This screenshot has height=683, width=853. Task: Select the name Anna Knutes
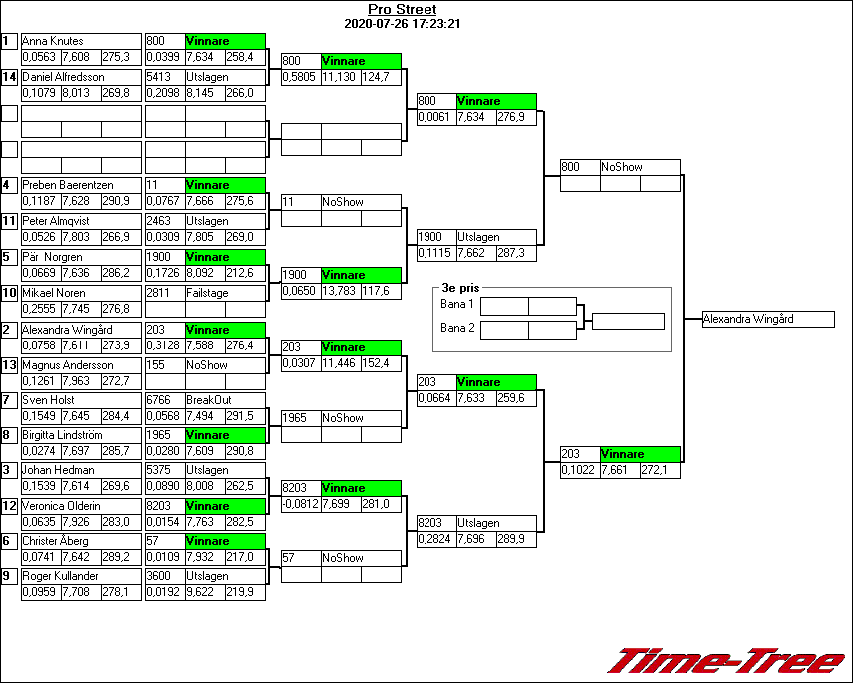pyautogui.click(x=54, y=41)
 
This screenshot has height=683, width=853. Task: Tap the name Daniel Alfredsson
pyautogui.click(x=62, y=77)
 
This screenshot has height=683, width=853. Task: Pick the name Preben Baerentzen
pyautogui.click(x=68, y=185)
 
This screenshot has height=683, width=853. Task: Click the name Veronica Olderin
pyautogui.click(x=62, y=506)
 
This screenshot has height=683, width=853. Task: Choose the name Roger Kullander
pyautogui.click(x=62, y=576)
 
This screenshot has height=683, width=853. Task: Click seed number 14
pyautogui.click(x=9, y=77)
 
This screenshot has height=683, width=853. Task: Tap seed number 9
pyautogui.click(x=9, y=576)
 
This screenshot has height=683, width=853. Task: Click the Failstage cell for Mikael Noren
pyautogui.click(x=208, y=293)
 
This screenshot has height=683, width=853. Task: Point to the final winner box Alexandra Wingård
pyautogui.click(x=767, y=319)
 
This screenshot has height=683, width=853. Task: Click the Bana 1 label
pyautogui.click(x=456, y=304)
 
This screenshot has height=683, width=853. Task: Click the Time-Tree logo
pyautogui.click(x=727, y=662)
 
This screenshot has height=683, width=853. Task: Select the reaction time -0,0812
pyautogui.click(x=300, y=504)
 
